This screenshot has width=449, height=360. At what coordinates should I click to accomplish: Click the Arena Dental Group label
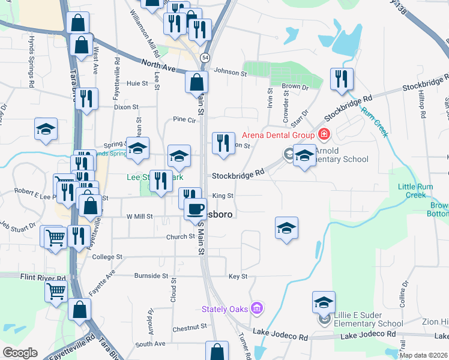[x=280, y=134]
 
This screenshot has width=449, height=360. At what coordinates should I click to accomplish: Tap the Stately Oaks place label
[x=226, y=309]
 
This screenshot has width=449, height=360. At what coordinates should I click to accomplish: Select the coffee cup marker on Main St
[x=195, y=208]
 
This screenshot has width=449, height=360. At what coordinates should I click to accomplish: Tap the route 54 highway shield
[x=205, y=57]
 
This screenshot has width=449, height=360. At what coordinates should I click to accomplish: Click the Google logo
[x=20, y=353]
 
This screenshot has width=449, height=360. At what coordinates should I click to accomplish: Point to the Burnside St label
[x=152, y=276]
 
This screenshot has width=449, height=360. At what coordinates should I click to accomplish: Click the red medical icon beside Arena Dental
[x=325, y=133]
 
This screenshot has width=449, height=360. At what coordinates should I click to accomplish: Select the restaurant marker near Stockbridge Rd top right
[x=341, y=79]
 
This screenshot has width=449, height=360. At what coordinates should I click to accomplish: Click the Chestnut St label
[x=189, y=328]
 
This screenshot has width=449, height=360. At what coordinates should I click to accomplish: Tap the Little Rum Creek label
[x=412, y=190]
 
